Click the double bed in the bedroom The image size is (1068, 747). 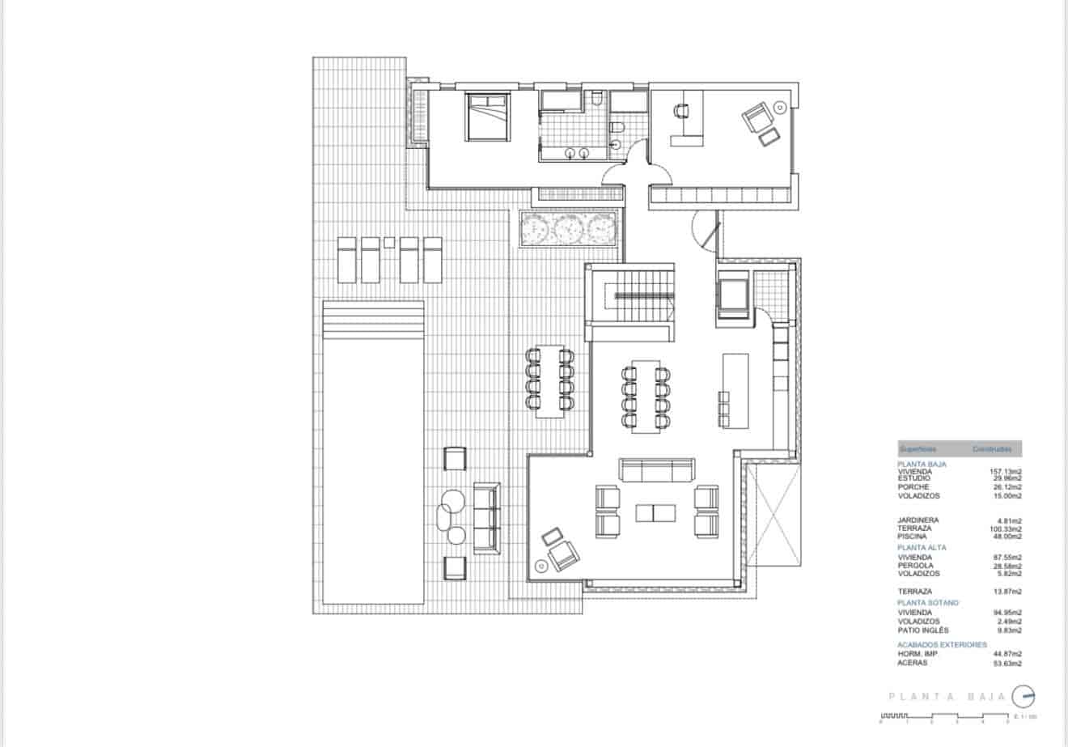(x=487, y=117)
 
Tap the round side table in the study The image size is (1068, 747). (x=780, y=106)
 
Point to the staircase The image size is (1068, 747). (x=642, y=297)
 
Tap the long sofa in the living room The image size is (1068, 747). (x=656, y=470)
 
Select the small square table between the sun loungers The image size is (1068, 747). (x=389, y=241)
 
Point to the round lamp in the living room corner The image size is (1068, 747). (x=540, y=566)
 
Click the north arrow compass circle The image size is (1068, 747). (x=1023, y=696)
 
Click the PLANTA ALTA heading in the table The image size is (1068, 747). (x=922, y=547)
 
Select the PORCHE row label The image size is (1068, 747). (x=913, y=487)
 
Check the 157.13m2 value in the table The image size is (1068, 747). (x=1006, y=471)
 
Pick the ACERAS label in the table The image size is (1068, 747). (x=913, y=663)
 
